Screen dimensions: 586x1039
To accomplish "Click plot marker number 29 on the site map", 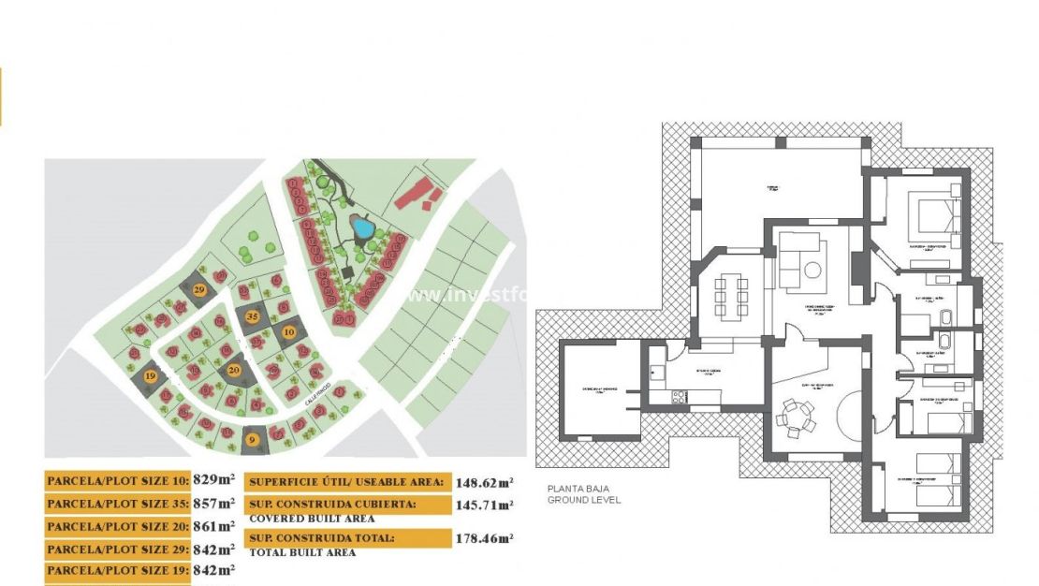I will [x=199, y=290].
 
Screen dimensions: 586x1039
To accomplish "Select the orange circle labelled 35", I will [x=252, y=316].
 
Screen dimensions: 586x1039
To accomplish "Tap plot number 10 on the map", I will [x=288, y=331].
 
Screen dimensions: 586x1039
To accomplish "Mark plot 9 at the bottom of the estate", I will [x=251, y=440].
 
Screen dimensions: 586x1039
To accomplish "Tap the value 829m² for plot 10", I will [x=213, y=480].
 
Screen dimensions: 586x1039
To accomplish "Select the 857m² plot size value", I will [x=213, y=503].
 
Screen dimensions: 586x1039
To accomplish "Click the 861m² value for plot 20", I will [x=213, y=525].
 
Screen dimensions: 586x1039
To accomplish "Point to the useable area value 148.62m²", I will [x=485, y=483].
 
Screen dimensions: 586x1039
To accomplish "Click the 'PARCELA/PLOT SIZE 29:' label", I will [x=116, y=548].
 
